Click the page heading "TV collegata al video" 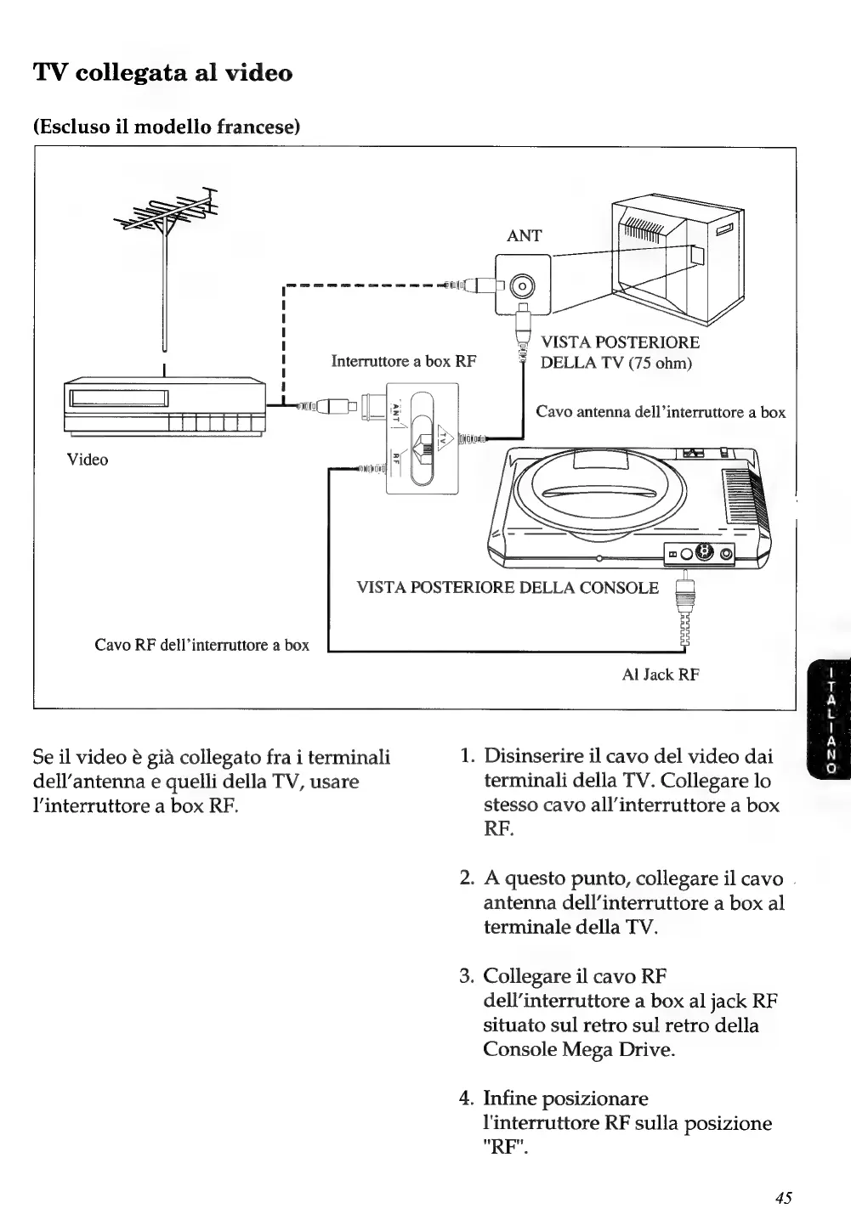pos(162,73)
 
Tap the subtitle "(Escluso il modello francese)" pos(167,127)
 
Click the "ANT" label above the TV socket pos(524,236)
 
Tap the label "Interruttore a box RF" pos(404,361)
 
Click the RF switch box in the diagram pos(423,438)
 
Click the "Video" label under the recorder pos(88,460)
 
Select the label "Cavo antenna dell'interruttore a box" pos(661,412)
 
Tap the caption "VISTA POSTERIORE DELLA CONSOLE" pos(508,587)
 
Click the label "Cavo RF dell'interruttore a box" pos(201,645)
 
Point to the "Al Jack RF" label pos(661,675)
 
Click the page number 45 pos(783,1198)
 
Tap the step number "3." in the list pos(467,975)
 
